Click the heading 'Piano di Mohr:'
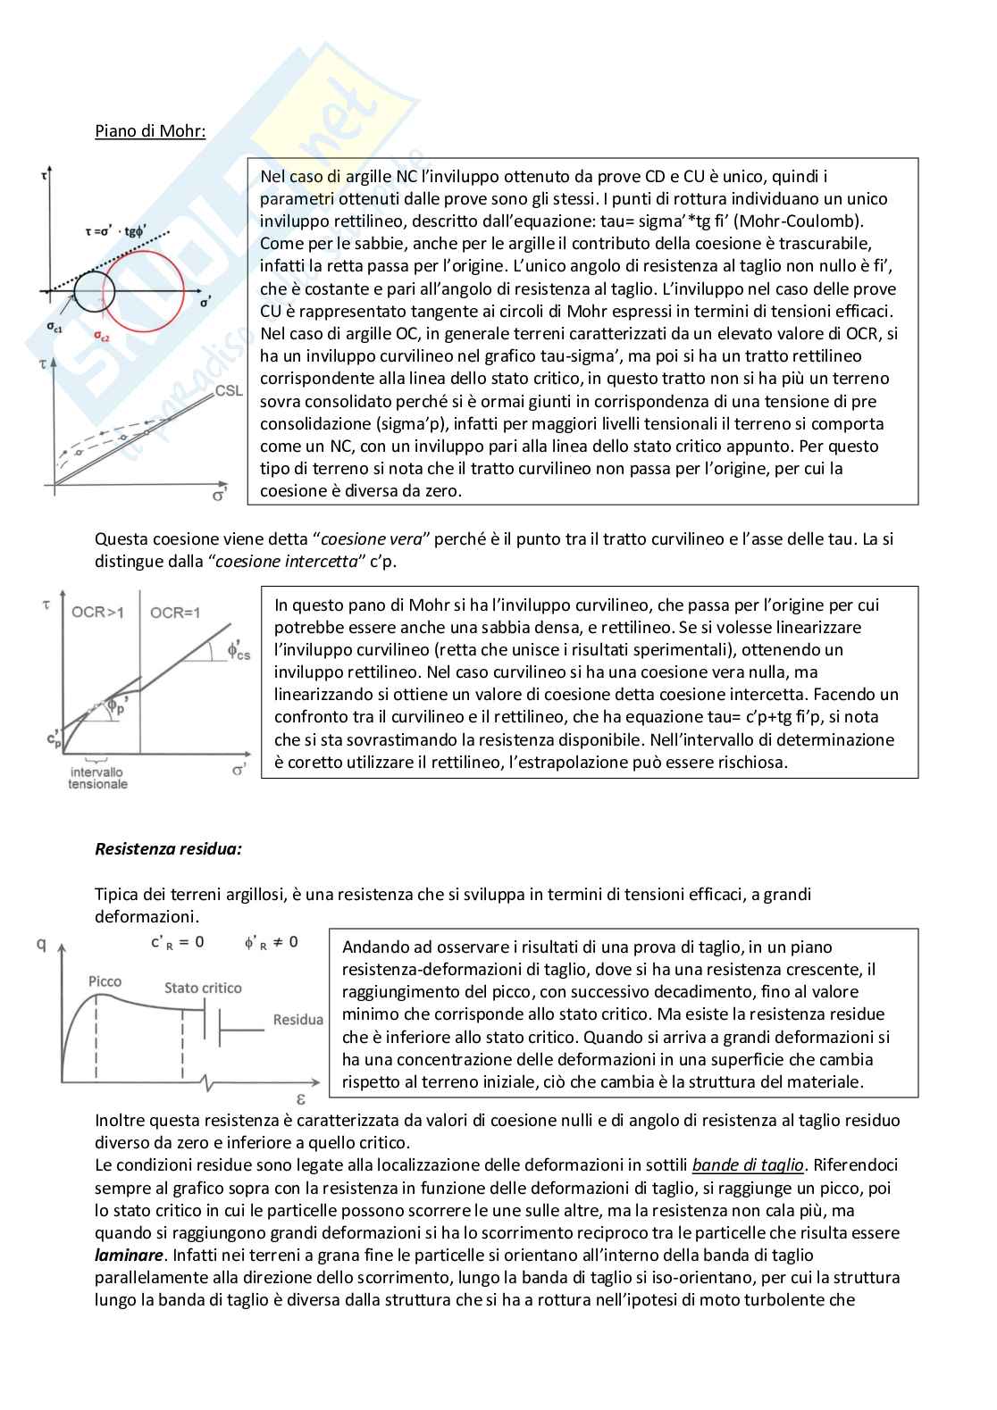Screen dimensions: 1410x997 click(150, 131)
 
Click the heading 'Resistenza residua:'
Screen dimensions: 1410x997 click(168, 848)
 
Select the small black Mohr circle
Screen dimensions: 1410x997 click(95, 291)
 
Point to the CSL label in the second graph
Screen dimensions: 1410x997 click(229, 391)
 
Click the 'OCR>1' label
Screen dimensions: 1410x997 click(97, 613)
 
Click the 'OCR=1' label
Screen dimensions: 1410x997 click(175, 613)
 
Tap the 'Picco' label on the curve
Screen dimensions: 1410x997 click(105, 981)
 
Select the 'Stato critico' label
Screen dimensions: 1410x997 click(203, 988)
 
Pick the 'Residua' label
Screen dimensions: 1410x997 click(298, 1020)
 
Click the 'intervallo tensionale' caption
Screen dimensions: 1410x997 click(97, 778)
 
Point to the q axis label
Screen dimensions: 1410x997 click(41, 943)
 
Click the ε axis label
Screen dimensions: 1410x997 click(301, 1099)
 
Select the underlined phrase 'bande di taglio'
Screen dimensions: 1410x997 click(748, 1165)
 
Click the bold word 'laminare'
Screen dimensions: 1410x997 click(129, 1256)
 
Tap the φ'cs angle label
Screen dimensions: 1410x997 click(239, 651)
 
